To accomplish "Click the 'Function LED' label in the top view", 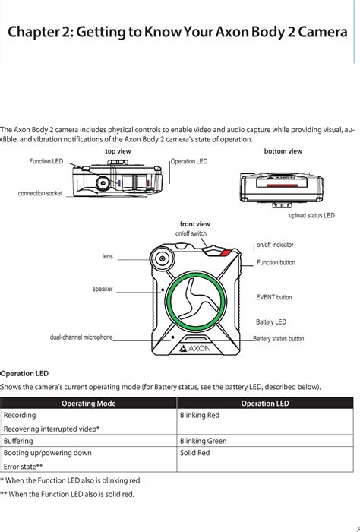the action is click(x=46, y=161).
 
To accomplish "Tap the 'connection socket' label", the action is click(x=40, y=193).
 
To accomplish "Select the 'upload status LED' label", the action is click(x=311, y=215).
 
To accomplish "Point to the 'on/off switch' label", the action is click(x=191, y=233).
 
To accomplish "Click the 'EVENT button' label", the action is click(x=274, y=297).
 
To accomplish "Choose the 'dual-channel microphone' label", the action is click(x=81, y=337).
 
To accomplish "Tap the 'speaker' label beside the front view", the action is click(x=103, y=289).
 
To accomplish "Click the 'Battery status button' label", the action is click(x=279, y=339).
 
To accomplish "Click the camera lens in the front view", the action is click(x=163, y=259).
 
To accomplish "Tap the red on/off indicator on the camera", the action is click(x=226, y=252).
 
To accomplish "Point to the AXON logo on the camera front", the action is click(x=195, y=348).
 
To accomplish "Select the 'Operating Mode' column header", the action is click(x=88, y=404).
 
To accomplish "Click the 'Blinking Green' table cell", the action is click(x=203, y=441).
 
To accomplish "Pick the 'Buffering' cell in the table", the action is click(x=18, y=441).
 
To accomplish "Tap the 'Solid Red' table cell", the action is click(x=195, y=453).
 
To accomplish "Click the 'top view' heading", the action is click(x=118, y=151).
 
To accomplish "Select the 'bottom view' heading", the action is click(x=283, y=151).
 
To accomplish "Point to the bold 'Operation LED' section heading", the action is click(x=24, y=374).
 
